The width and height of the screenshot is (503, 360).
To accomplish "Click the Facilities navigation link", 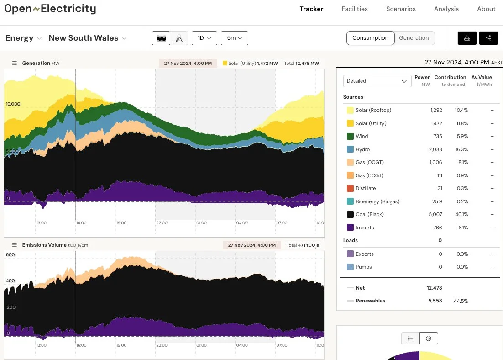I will tap(355, 9).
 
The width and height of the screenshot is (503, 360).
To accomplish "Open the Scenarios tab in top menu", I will tap(401, 9).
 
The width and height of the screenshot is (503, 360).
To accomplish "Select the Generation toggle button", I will tap(414, 38).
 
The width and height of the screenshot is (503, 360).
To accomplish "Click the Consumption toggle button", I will tap(370, 38).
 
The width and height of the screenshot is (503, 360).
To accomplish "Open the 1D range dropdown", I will tap(204, 38).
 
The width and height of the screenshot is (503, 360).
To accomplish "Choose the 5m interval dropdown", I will tap(234, 38).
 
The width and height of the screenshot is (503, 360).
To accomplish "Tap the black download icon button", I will tap(467, 38).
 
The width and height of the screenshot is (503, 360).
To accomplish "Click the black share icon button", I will tap(488, 38).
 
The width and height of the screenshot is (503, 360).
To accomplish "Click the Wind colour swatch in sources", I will tap(350, 136).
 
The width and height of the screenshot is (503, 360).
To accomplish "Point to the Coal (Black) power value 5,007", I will tap(436, 214).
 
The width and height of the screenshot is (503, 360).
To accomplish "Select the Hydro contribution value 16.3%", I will tap(461, 149).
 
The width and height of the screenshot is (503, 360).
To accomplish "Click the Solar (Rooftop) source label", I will tap(373, 110).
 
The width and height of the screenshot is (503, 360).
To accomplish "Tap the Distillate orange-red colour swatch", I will tap(350, 188).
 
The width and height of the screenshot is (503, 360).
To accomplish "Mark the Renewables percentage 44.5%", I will tap(461, 301).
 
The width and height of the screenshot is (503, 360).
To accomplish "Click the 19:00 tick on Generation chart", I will tap(121, 223).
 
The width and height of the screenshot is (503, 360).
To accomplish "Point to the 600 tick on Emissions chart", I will tap(10, 255).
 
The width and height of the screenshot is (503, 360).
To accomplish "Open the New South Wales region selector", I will tap(87, 38).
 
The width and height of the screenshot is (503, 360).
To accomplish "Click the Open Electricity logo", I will tap(50, 9).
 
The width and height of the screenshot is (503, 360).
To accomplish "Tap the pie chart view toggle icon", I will tap(429, 339).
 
